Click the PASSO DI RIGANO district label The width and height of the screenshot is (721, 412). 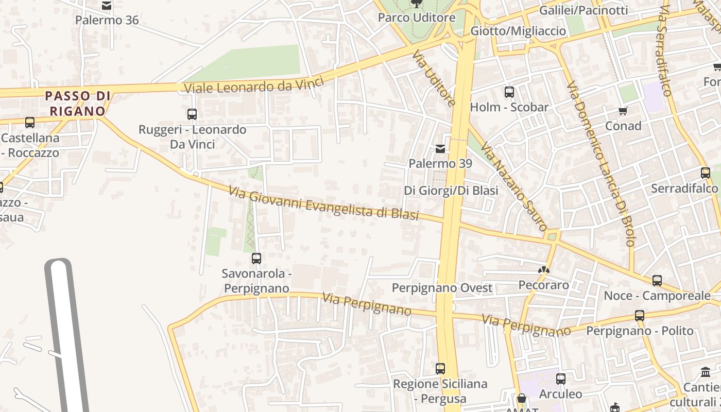[x=77, y=103]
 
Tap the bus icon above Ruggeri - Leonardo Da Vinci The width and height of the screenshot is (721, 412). [x=192, y=114]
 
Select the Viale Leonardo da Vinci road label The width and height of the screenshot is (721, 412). [x=254, y=85]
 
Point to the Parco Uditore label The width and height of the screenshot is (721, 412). [x=417, y=18]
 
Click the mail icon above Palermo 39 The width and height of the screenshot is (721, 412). [x=440, y=149]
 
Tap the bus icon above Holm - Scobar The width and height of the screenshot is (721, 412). [x=509, y=92]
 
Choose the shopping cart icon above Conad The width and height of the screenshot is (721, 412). [x=623, y=111]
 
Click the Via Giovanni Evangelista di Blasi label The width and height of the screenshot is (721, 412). [x=323, y=204]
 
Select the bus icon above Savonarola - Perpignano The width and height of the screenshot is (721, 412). [x=256, y=258]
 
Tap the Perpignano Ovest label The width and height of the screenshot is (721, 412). [x=442, y=288]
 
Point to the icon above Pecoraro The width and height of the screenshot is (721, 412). [x=544, y=269]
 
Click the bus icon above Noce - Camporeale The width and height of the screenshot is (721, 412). [x=657, y=281]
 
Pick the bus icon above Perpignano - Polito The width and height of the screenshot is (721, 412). [x=640, y=315]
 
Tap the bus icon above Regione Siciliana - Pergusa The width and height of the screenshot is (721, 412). [x=440, y=369]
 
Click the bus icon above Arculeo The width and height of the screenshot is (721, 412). [x=561, y=379]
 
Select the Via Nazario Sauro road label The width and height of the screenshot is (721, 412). [x=513, y=187]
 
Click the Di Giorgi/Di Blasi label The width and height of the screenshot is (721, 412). [x=451, y=191]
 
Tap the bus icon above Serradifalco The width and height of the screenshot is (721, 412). [x=706, y=173]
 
